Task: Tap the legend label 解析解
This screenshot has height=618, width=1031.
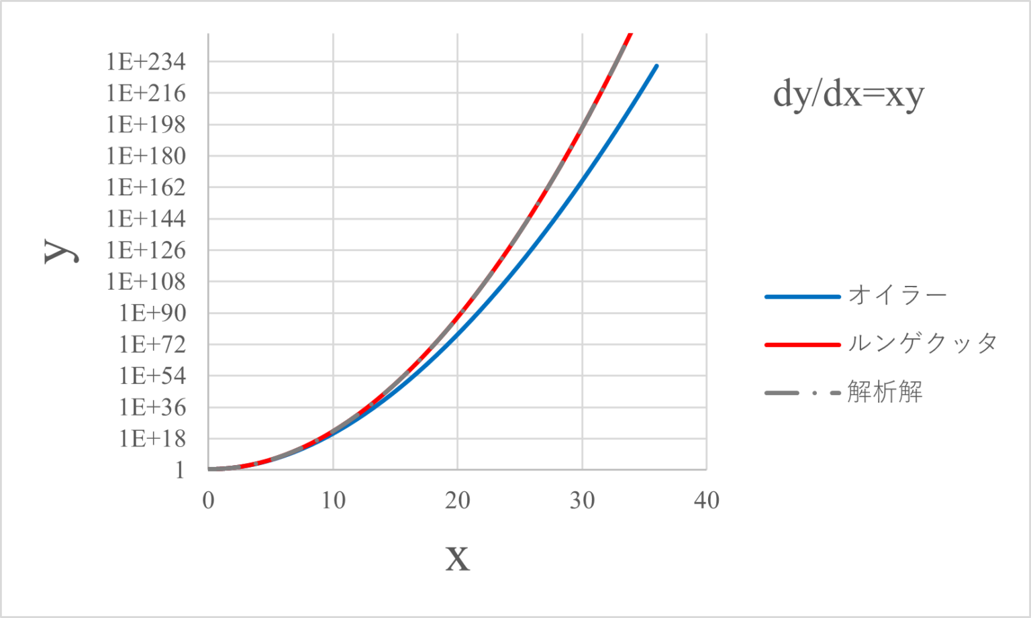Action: click(885, 392)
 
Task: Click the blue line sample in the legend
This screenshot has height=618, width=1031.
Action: click(802, 296)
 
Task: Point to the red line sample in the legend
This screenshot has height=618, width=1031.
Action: click(802, 344)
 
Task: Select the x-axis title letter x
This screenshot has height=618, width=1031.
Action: click(458, 558)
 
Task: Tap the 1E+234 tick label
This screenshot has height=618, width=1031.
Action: click(146, 62)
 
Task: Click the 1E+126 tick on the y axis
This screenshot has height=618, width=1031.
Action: click(146, 250)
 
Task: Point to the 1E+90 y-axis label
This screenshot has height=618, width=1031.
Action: click(152, 313)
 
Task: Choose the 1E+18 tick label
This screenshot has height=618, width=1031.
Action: click(152, 439)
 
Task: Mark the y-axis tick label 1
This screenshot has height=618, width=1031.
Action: click(179, 470)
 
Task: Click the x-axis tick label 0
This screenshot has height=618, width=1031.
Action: click(209, 501)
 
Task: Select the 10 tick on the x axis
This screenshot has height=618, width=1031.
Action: click(333, 501)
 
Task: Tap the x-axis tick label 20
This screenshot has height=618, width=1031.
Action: click(458, 501)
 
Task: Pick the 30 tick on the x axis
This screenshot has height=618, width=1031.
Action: click(583, 501)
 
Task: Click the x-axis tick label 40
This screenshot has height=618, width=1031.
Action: click(707, 501)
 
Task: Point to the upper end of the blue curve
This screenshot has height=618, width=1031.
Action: click(656, 65)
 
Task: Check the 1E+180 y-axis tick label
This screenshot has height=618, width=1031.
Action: click(146, 156)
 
